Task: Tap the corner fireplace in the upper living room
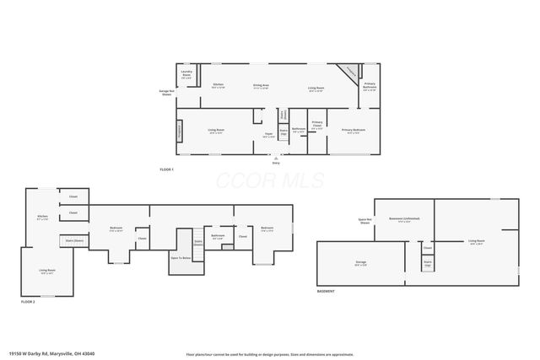[346, 73]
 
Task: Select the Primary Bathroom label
[370, 86]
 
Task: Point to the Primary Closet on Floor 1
[317, 125]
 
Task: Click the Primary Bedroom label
[354, 130]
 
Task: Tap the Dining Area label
[261, 86]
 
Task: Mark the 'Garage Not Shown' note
[166, 92]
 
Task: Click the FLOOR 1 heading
[166, 169]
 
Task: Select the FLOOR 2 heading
[28, 301]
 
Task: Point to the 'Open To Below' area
[181, 257]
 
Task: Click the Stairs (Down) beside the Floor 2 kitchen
[74, 240]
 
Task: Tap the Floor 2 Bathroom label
[218, 236]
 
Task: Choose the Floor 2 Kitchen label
[42, 218]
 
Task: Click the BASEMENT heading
[326, 291]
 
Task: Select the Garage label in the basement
[360, 262]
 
